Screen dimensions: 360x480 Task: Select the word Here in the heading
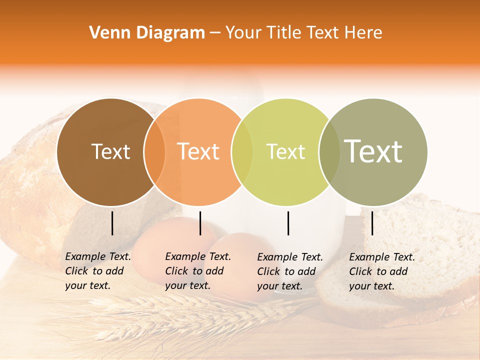pyautogui.click(x=364, y=33)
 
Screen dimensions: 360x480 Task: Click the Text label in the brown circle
pyautogui.click(x=110, y=151)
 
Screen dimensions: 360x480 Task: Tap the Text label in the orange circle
pyautogui.click(x=198, y=151)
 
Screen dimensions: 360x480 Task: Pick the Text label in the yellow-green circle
pyautogui.click(x=285, y=151)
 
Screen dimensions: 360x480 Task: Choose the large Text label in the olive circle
pyautogui.click(x=373, y=151)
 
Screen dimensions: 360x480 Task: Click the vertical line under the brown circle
pyautogui.click(x=112, y=223)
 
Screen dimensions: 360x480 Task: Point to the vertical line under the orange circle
pyautogui.click(x=200, y=223)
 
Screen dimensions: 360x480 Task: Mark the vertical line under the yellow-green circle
pyautogui.click(x=288, y=223)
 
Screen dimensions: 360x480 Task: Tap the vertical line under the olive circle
pyautogui.click(x=372, y=223)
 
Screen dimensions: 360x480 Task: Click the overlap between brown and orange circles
pyautogui.click(x=154, y=152)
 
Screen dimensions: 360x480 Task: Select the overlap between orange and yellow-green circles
pyautogui.click(x=242, y=152)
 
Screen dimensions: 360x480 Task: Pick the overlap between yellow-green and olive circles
pyautogui.click(x=329, y=152)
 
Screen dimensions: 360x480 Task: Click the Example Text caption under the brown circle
pyautogui.click(x=98, y=271)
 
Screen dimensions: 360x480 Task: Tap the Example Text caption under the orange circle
pyautogui.click(x=198, y=271)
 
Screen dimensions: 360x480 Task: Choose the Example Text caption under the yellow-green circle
pyautogui.click(x=290, y=271)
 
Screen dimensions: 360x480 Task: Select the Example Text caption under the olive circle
pyautogui.click(x=382, y=271)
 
